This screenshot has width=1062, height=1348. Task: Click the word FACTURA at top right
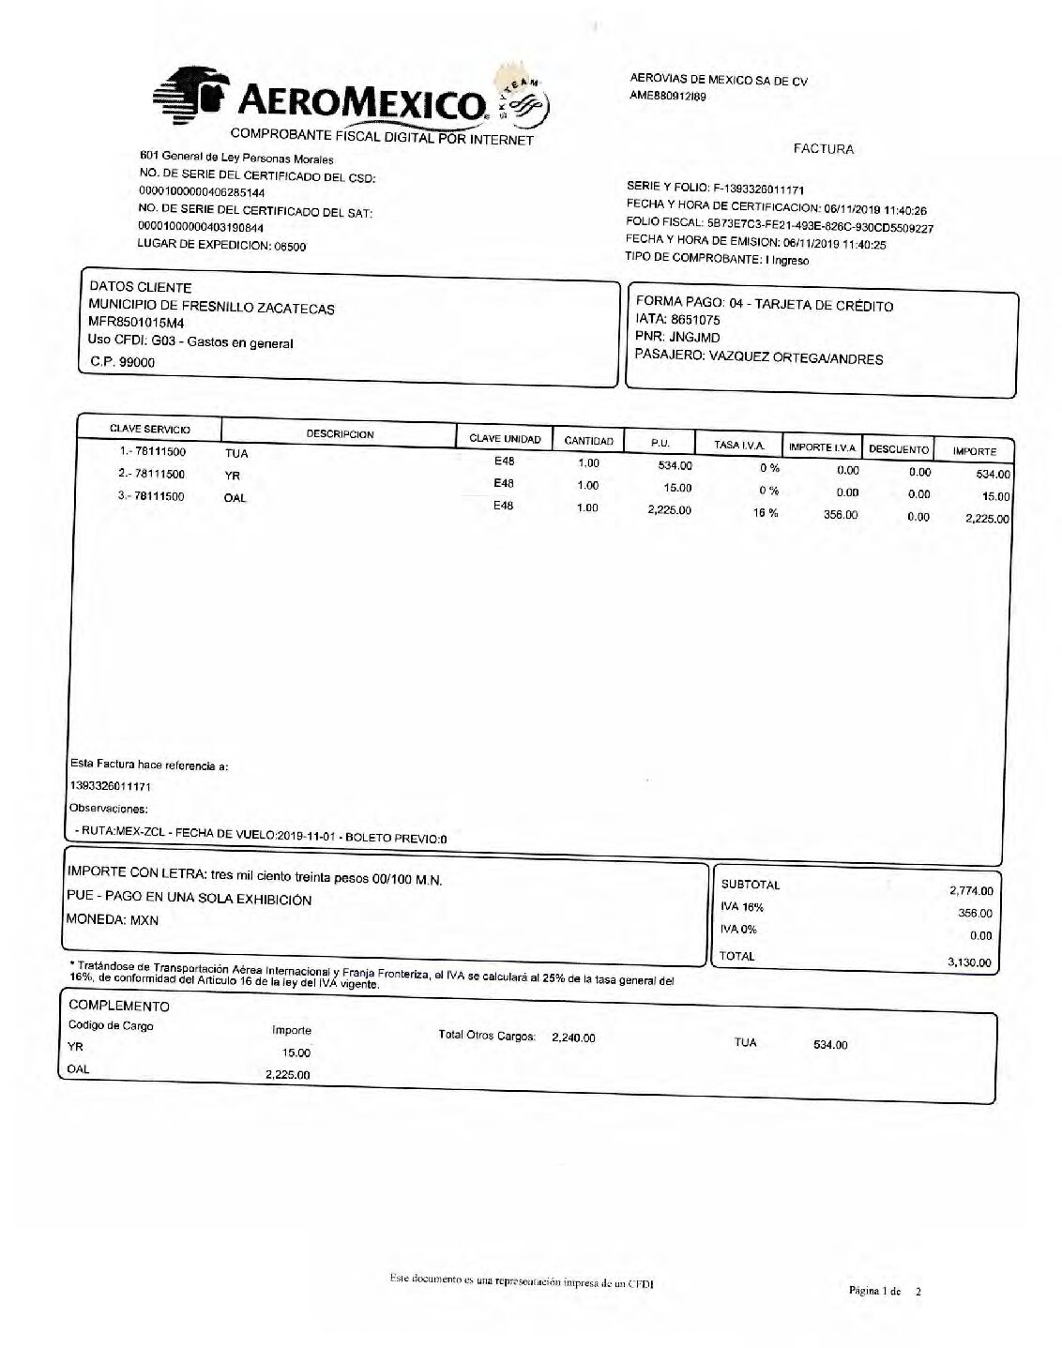click(x=823, y=148)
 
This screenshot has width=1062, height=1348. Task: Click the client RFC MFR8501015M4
click(x=136, y=325)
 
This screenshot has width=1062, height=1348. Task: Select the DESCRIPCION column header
click(x=340, y=434)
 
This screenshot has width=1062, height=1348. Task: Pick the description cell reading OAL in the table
click(x=235, y=498)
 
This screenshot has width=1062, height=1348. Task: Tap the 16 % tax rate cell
click(x=766, y=513)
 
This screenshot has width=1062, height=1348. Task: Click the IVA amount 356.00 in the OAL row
click(x=840, y=515)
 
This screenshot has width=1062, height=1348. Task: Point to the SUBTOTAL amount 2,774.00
click(x=971, y=891)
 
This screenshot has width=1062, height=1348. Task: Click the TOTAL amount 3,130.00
click(x=971, y=962)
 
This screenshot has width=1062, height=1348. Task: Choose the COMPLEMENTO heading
click(x=119, y=1006)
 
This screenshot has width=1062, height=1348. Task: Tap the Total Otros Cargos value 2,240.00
click(x=573, y=1038)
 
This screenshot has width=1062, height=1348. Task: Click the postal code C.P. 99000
click(x=123, y=362)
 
